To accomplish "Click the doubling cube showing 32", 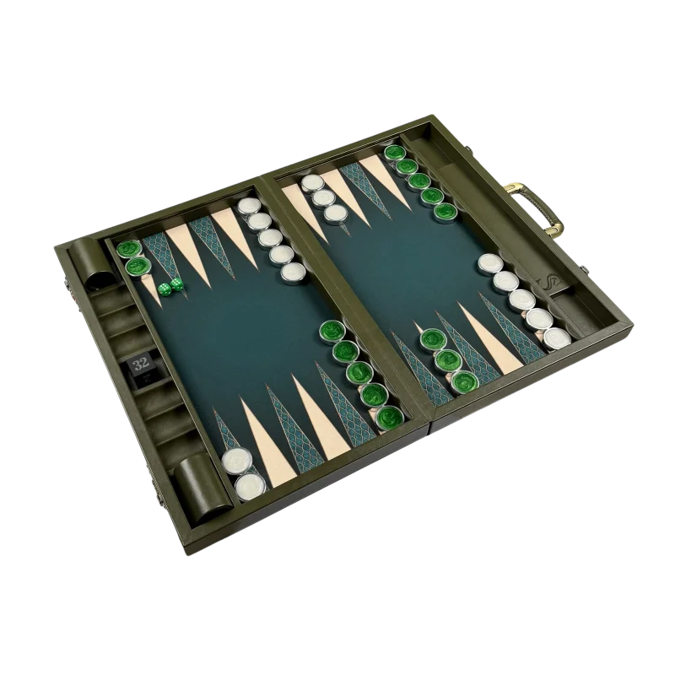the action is coord(141,364).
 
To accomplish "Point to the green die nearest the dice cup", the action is coord(164,289).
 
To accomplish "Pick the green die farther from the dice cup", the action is coord(176,283).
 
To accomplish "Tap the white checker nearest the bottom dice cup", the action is coord(251,487).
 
